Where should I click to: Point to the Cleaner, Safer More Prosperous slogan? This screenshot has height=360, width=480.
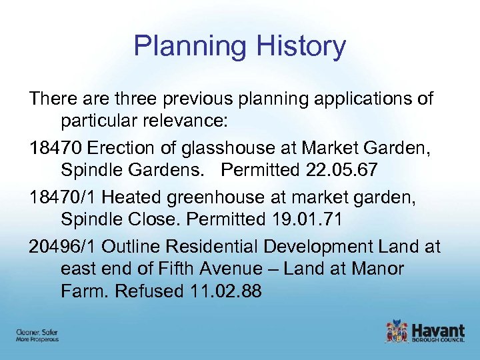tap(37, 335)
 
